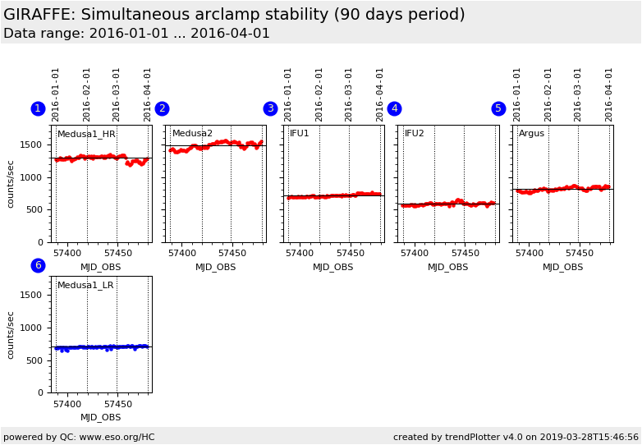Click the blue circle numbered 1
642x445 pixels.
tap(38, 109)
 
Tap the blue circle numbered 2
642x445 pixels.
tap(162, 109)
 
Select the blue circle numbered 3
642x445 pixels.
tap(270, 109)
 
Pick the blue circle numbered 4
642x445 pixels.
tap(394, 109)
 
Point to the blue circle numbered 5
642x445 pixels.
tap(498, 109)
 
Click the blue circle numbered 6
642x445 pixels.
tap(38, 265)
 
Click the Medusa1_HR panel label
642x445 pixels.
tap(86, 134)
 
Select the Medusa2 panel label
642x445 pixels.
tap(192, 134)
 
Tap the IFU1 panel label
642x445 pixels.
tap(299, 134)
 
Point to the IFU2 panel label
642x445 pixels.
tap(414, 134)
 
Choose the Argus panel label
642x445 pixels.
tap(531, 134)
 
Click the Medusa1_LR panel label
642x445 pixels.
tap(85, 286)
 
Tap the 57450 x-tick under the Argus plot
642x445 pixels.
tap(579, 254)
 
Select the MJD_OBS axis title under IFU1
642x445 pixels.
tap(332, 267)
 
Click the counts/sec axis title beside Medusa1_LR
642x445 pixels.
tap(11, 334)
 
